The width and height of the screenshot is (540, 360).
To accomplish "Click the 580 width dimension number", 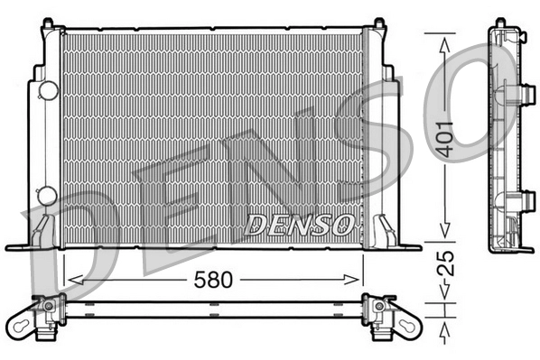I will point(214,280).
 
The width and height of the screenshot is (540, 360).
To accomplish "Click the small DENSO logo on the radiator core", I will point(299,225).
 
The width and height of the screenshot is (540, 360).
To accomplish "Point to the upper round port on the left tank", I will point(47,90).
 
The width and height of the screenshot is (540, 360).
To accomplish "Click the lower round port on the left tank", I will point(47,194).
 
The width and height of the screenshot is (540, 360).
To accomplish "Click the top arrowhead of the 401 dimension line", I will point(443,41).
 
